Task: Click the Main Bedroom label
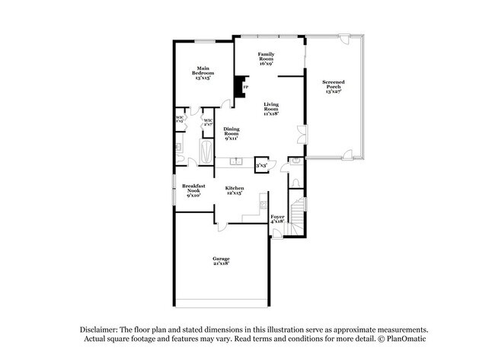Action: (x=202, y=72)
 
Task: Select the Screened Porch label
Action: (x=333, y=86)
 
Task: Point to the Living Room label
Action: (x=272, y=109)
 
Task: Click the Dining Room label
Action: (x=232, y=134)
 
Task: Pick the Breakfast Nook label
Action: (x=193, y=190)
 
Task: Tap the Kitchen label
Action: (x=235, y=190)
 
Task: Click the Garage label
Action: (x=221, y=261)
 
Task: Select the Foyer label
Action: (x=278, y=218)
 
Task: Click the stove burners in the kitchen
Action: (x=263, y=203)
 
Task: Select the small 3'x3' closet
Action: (x=261, y=164)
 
